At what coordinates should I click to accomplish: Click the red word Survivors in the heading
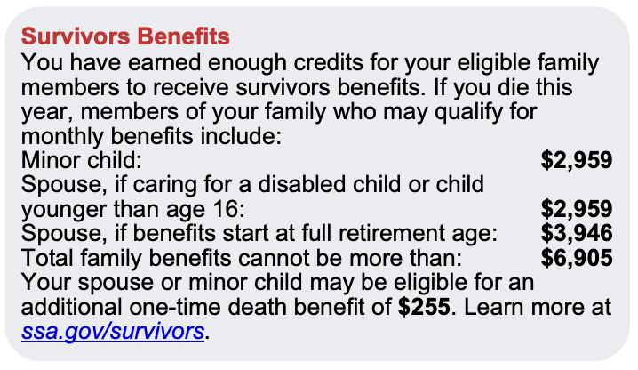76,36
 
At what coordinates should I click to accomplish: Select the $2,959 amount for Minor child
577,160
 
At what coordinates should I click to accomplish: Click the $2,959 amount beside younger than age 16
577,209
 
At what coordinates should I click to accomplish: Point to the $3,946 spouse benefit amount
577,233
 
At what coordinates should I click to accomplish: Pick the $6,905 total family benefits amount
577,258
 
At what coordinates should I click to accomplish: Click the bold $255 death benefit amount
424,307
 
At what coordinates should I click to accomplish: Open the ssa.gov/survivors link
113,331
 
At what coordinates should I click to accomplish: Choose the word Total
47,258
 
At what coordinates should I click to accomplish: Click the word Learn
491,307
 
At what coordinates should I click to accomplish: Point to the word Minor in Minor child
47,160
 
